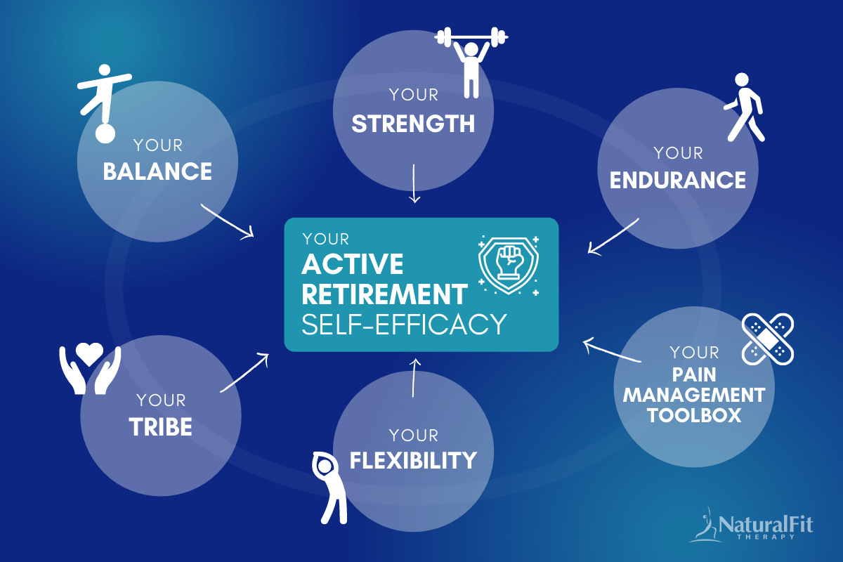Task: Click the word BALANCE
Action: (157, 171)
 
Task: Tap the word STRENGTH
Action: (413, 124)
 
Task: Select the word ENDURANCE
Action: (677, 180)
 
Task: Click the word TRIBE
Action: (161, 426)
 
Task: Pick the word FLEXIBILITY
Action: (413, 461)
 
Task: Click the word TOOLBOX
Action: (694, 414)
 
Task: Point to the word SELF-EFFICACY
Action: (404, 324)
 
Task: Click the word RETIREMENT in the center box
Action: (385, 294)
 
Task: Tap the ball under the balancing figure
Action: (105, 132)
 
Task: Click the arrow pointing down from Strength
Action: (414, 183)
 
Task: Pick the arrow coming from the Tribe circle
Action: (244, 372)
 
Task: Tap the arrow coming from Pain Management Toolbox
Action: (612, 352)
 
